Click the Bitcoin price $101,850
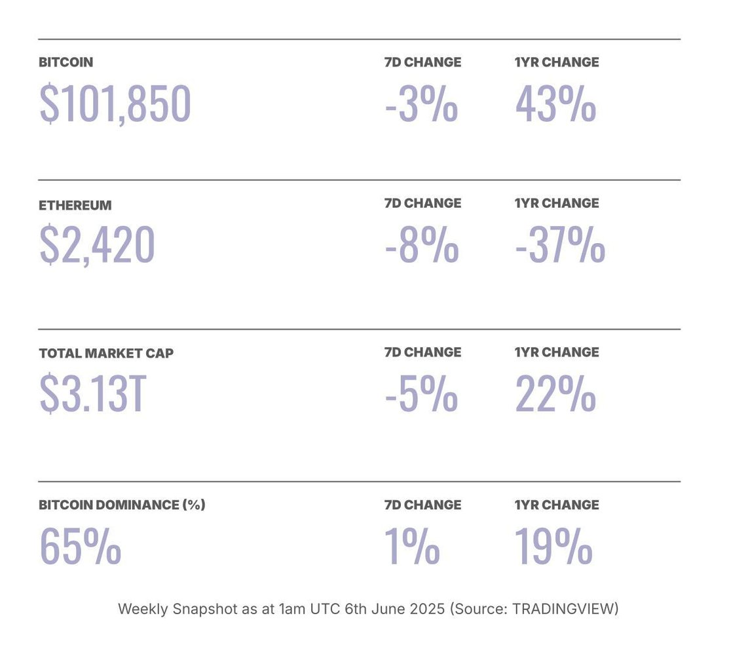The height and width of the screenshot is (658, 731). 115,104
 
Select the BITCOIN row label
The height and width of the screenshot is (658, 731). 66,62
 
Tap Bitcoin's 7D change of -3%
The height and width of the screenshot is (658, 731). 421,104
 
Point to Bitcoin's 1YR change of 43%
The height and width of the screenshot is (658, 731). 555,104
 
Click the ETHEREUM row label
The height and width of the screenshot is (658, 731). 75,205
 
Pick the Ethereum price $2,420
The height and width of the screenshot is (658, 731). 97,244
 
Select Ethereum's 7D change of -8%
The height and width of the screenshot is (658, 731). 421,244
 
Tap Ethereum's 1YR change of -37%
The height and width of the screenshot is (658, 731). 560,244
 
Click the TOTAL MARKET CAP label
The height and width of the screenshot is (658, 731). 106,353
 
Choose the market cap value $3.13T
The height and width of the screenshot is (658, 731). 92,394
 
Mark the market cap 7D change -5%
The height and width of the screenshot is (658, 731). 421,394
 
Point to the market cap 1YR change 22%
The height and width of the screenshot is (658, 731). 555,394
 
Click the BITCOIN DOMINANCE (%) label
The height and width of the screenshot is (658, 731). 122,505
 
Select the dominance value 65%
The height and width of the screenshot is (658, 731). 80,547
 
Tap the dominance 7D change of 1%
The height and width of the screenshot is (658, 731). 411,547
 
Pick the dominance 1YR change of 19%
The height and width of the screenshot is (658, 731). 553,547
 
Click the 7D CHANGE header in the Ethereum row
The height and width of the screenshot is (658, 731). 422,203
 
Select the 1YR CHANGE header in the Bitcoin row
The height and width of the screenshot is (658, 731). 557,62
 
